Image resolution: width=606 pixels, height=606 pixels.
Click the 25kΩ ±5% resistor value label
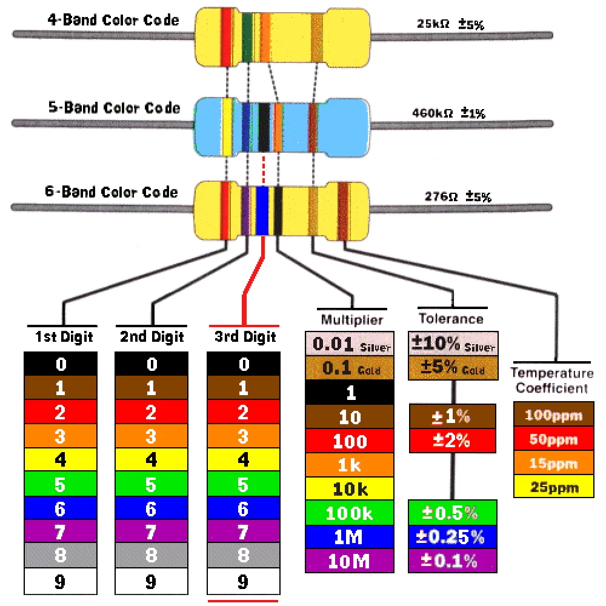click(450, 24)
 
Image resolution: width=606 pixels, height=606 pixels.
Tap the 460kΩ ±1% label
click(448, 113)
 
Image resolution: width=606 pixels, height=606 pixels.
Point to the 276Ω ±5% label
click(458, 196)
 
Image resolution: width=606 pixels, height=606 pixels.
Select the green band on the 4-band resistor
click(247, 38)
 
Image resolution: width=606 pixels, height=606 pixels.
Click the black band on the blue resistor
click(264, 127)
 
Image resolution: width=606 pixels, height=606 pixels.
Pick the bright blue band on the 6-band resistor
click(262, 211)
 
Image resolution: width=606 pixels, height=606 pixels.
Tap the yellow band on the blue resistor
click(227, 127)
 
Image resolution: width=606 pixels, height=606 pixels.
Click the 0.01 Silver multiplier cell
click(350, 344)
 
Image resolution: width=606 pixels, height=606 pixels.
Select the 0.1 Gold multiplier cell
click(350, 368)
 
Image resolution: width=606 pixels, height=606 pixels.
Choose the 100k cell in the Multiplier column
click(350, 513)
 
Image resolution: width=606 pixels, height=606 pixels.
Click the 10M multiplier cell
click(350, 561)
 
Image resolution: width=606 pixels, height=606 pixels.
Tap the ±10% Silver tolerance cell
click(453, 343)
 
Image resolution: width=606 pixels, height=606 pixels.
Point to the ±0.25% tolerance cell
click(453, 537)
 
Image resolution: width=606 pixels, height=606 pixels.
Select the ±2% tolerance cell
click(453, 440)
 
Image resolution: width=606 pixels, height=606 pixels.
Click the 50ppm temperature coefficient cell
click(554, 439)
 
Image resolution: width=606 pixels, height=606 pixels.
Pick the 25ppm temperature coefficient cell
click(554, 486)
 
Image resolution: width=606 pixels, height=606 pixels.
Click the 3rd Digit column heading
click(245, 336)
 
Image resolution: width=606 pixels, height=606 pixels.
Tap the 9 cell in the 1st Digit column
click(61, 581)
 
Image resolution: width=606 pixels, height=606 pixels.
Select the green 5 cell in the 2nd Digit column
click(151, 484)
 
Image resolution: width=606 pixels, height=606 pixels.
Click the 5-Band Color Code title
click(115, 107)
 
